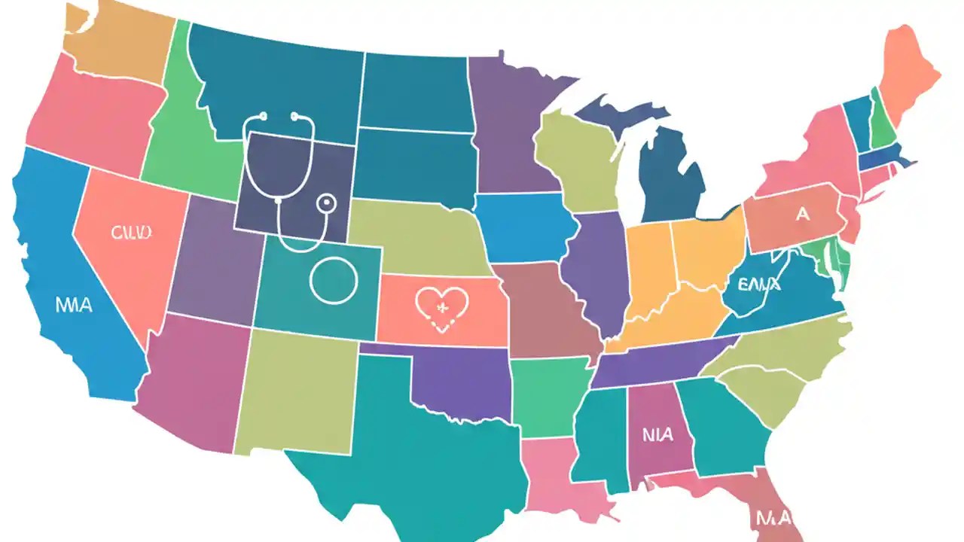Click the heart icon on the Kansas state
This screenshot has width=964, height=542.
tap(442, 307)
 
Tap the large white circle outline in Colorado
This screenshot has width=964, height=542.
tap(332, 279)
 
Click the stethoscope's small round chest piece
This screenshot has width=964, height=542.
tap(326, 202)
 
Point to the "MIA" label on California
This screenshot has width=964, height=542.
tap(74, 306)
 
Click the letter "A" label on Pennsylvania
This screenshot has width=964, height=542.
tap(802, 215)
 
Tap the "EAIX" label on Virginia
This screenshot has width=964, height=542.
tap(758, 285)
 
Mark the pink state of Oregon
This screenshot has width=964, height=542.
tap(94, 113)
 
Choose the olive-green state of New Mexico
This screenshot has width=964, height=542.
tap(297, 391)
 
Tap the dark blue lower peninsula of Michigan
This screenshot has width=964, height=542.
tap(670, 181)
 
